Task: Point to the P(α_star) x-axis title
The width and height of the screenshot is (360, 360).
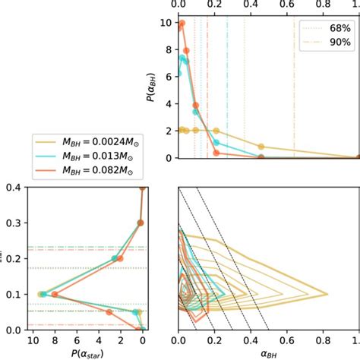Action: (x=76, y=354)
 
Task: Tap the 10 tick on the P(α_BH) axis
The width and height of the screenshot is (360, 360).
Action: (x=167, y=23)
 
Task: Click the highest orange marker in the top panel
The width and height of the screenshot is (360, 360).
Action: (x=182, y=24)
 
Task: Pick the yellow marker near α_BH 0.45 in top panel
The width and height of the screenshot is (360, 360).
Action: (x=261, y=147)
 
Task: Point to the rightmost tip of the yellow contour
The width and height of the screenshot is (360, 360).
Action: (x=327, y=294)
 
